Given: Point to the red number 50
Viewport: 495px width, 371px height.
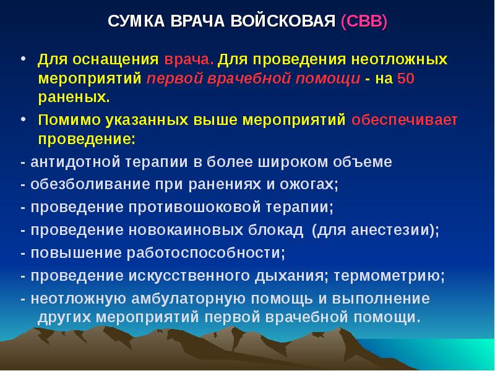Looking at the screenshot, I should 405,79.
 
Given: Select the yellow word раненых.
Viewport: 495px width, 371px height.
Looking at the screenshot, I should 74,98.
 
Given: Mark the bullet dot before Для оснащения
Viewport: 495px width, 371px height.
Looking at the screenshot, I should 23,60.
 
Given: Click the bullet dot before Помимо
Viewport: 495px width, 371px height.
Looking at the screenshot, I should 23,119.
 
